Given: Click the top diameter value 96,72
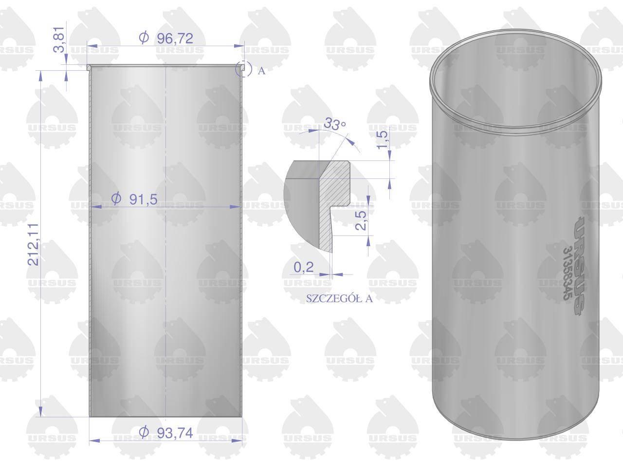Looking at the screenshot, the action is click(175, 39).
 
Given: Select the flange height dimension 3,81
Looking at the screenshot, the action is click(59, 39).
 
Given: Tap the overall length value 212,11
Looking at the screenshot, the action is click(33, 244).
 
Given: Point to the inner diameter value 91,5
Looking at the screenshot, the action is click(143, 199).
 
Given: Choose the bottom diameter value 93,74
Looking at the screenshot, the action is click(175, 433).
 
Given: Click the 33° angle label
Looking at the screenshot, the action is click(335, 124).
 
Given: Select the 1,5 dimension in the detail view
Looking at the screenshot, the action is click(383, 139).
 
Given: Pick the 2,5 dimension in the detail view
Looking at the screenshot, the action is click(361, 220).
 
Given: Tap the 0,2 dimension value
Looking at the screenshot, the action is click(304, 267).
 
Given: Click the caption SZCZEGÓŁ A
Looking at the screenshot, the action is click(339, 298).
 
